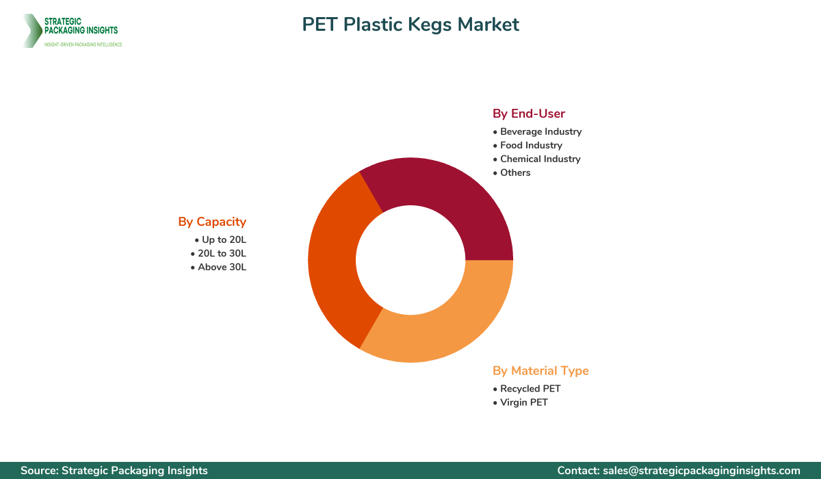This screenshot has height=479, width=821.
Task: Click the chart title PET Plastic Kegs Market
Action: coord(410,25)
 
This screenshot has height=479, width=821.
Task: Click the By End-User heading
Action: coord(529,114)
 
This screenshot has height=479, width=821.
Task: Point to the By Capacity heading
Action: coord(212,222)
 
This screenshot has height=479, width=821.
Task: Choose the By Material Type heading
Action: coord(540,371)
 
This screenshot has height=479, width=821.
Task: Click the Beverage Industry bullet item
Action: coord(540,131)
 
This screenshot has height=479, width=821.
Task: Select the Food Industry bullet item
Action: coord(531,145)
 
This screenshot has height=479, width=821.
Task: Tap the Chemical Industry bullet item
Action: coord(540,159)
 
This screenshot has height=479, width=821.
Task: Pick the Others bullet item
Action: coord(515,172)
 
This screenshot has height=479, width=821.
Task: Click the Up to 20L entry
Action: coord(224,239)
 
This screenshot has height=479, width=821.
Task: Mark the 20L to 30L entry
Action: coord(222,253)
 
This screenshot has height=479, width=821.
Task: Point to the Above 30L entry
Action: coord(222,267)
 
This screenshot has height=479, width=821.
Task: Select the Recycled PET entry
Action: coord(530,389)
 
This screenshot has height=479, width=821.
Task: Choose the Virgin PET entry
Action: coord(523,402)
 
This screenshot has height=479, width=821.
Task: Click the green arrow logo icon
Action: coord(31,31)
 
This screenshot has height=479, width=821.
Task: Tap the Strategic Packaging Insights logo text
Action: coord(81,26)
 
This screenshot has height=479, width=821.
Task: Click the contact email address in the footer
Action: coord(701,471)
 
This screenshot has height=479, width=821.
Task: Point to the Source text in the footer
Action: coord(114,471)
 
